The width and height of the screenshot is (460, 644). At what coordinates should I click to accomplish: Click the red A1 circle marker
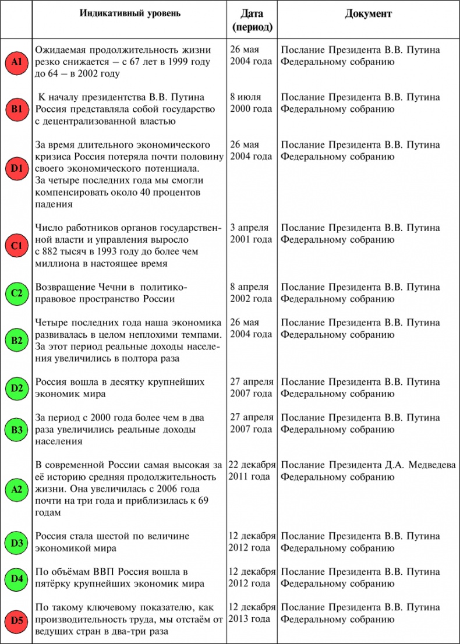pos(16,61)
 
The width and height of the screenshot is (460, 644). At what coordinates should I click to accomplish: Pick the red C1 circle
pos(16,246)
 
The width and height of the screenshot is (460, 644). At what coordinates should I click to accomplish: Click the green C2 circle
pos(16,293)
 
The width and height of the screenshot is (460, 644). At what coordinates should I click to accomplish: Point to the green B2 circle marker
pos(16,340)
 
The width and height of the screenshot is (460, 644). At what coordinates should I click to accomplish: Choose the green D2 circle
pos(16,388)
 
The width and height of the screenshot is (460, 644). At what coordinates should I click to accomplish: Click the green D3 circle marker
pos(16,543)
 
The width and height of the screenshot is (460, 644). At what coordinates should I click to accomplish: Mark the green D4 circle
pos(16,579)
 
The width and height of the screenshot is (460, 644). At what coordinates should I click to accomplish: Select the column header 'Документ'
pos(368,13)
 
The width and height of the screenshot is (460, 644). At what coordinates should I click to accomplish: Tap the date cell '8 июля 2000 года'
pos(251,102)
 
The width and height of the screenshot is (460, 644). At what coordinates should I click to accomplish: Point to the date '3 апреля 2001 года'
pos(251,233)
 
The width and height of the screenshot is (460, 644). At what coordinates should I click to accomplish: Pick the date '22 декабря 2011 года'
pos(252,470)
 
